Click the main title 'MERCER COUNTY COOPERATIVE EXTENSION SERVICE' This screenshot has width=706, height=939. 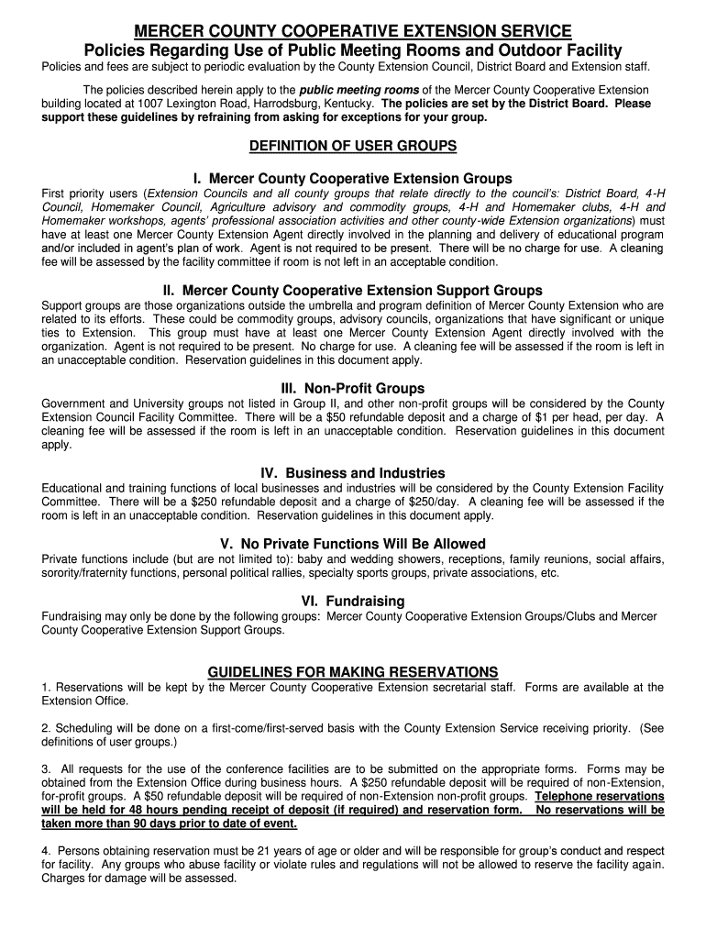(353, 32)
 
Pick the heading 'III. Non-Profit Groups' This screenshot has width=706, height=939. (353, 388)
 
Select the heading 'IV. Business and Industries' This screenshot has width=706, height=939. (353, 473)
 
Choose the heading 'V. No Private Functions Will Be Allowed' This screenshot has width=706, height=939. (353, 544)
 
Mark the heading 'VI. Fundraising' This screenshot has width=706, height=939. (353, 602)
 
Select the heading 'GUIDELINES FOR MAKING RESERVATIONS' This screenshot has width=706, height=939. (353, 671)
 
